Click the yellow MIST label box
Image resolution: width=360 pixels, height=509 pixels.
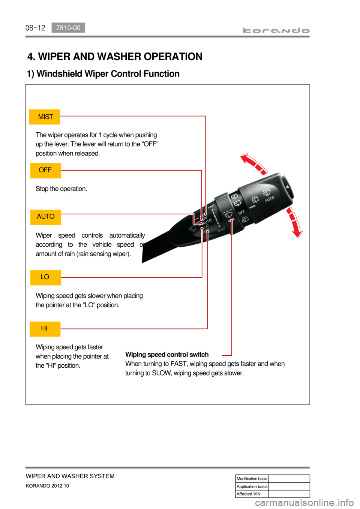(45, 117)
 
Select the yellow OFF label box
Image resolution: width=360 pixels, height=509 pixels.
(45, 171)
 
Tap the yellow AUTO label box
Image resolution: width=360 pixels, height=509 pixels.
(45, 217)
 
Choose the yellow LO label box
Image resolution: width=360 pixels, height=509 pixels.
(45, 277)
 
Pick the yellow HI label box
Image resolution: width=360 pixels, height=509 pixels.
(45, 329)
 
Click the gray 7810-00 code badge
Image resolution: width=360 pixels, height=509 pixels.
(68, 28)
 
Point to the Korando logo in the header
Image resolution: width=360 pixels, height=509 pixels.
(276, 30)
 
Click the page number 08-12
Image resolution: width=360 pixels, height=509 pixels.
(35, 28)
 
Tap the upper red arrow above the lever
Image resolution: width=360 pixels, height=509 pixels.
(254, 164)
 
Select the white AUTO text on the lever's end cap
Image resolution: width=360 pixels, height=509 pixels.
(270, 199)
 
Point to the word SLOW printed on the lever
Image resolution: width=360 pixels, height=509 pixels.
(221, 229)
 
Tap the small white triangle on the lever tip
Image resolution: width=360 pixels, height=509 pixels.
(287, 187)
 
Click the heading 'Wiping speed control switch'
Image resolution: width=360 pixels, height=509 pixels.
(167, 355)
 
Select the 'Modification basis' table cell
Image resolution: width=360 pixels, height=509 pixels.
(252, 479)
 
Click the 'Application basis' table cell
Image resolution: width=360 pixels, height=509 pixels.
(252, 487)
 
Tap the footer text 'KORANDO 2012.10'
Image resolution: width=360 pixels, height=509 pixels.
(47, 486)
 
